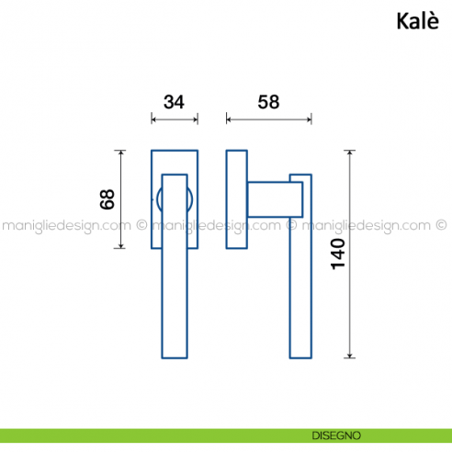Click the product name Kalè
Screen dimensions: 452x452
[x=418, y=21]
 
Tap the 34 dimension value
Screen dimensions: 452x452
[x=174, y=102]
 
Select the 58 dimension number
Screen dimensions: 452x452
[x=268, y=102]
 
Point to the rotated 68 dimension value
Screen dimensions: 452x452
[x=107, y=199]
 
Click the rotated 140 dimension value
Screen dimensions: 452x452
[x=338, y=254]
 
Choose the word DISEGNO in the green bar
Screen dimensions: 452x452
[x=336, y=435]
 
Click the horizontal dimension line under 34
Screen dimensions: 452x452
[x=175, y=119]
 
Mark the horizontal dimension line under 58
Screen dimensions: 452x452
[x=269, y=119]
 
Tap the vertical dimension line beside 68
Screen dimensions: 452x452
[x=121, y=199]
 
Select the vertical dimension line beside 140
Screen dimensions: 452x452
[x=350, y=254]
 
